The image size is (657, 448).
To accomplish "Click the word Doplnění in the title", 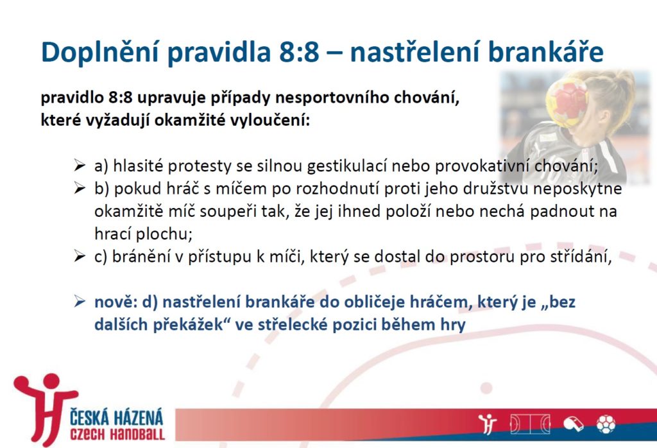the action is click(99, 53).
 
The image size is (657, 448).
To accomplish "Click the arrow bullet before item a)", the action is click(80, 165).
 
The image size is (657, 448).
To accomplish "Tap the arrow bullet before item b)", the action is click(80, 188).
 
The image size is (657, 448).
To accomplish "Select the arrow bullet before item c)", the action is click(80, 255).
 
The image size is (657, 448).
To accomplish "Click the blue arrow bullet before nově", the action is click(80, 301).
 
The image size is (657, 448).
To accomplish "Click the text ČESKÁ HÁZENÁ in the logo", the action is click(117, 418).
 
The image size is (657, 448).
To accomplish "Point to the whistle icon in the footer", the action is click(573, 424).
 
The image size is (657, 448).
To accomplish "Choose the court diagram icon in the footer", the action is click(529, 424).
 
